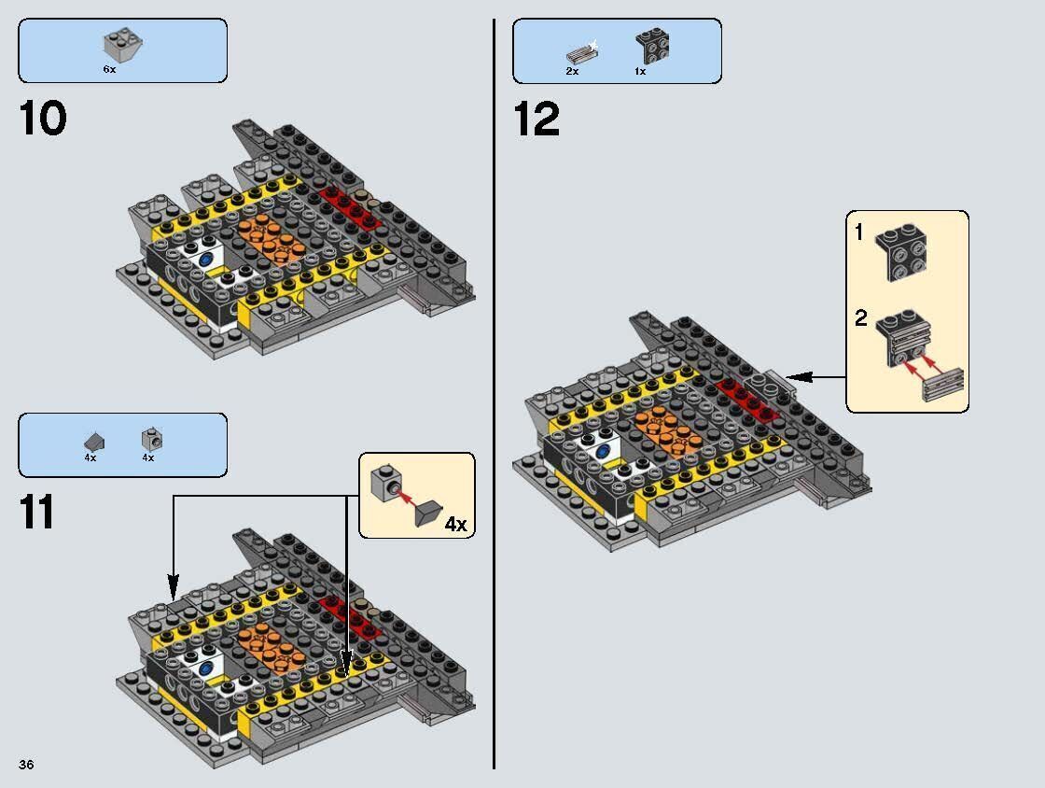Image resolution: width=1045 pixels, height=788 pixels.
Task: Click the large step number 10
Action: tap(43, 120)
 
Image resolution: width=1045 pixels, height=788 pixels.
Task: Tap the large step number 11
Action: tap(37, 513)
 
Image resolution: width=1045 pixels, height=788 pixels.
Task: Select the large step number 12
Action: tap(536, 120)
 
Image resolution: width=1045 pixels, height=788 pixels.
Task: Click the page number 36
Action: tap(26, 765)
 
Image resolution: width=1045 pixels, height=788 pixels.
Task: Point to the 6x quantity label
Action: tap(110, 70)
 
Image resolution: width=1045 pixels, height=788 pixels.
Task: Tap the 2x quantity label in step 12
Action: tap(572, 71)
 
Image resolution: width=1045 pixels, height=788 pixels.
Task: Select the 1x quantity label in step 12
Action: tap(640, 71)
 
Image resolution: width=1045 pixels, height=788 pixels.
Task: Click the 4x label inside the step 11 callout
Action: tap(454, 524)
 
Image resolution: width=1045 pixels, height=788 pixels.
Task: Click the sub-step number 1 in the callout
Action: tap(859, 232)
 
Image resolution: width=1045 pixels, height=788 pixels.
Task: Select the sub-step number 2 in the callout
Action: tap(860, 318)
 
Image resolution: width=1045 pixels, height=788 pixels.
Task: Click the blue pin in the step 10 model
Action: tap(205, 252)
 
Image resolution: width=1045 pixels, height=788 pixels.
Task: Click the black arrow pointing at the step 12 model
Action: tap(816, 377)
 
